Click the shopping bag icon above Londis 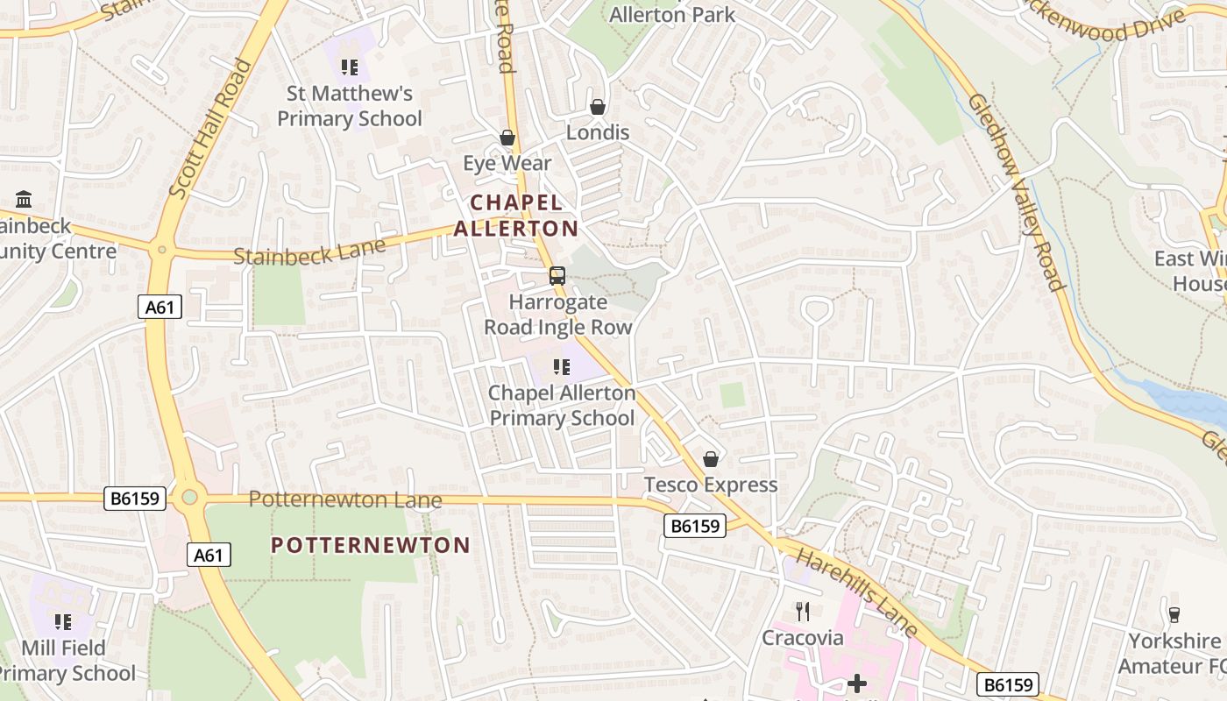[x=598, y=107]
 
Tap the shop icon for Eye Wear [x=507, y=138]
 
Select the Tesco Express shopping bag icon [x=711, y=459]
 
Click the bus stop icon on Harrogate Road [x=557, y=276]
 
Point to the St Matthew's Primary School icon [x=350, y=67]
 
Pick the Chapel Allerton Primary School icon [x=562, y=367]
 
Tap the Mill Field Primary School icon [x=63, y=622]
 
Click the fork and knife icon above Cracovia [x=802, y=611]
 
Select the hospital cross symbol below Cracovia [x=857, y=683]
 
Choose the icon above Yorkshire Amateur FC [x=1174, y=614]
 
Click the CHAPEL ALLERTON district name [x=516, y=216]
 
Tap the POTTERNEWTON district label [x=371, y=545]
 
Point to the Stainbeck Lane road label [x=309, y=252]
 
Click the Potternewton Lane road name [x=345, y=499]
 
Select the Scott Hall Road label [x=210, y=128]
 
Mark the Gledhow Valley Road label [x=1017, y=192]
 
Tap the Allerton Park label [x=672, y=15]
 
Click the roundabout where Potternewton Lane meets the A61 [x=189, y=498]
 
